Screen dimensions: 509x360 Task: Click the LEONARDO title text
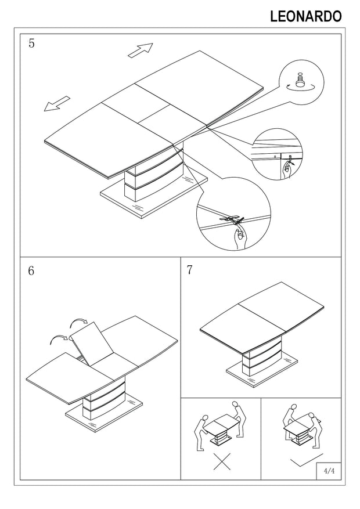coord(306,17)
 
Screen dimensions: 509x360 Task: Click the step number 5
coord(31,44)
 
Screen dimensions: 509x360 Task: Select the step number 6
coord(31,271)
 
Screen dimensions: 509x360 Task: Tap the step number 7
coord(190,270)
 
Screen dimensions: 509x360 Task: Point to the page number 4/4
coord(329,471)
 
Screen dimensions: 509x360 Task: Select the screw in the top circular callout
coord(301,80)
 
